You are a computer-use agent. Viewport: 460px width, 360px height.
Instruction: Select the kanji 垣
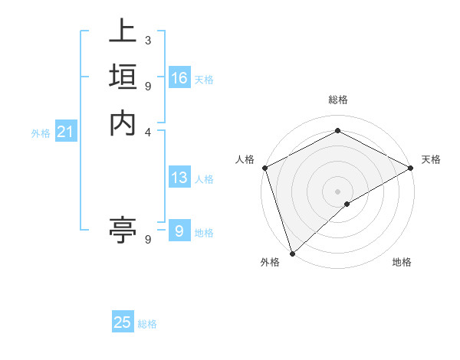click(x=123, y=77)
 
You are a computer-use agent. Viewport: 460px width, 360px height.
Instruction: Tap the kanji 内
click(x=123, y=123)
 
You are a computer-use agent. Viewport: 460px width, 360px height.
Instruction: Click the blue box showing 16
click(x=179, y=78)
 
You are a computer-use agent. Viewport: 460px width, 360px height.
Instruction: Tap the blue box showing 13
click(x=179, y=178)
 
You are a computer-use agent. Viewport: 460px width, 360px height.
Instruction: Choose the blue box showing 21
click(x=66, y=132)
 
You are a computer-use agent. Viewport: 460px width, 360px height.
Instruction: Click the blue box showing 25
click(x=123, y=322)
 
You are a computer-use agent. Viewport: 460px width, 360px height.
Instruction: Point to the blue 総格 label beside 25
click(x=147, y=324)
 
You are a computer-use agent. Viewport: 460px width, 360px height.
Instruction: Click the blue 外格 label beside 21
click(x=41, y=133)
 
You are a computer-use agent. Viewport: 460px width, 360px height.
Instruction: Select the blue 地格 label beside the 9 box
click(x=204, y=233)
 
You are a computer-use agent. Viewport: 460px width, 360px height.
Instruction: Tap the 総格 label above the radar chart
click(x=337, y=100)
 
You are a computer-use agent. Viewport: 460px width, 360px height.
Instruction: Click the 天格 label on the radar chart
click(x=431, y=159)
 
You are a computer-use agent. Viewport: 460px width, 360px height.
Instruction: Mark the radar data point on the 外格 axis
click(x=291, y=253)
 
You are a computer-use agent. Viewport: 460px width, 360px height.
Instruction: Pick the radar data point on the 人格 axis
click(x=264, y=167)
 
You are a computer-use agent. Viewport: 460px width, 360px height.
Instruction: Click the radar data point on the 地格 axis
click(x=347, y=204)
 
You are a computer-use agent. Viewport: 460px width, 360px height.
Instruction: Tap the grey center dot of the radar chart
click(x=337, y=190)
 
